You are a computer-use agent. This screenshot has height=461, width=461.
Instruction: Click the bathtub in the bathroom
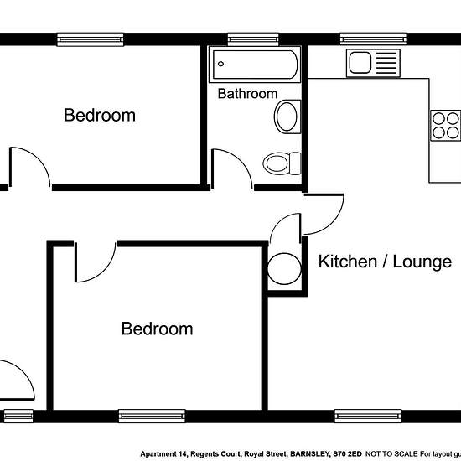tap(255, 65)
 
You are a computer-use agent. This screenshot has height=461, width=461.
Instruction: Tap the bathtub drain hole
tap(220, 64)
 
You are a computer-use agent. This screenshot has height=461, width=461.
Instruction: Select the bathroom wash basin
tap(287, 117)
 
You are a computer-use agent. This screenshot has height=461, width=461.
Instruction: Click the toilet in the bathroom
tap(282, 163)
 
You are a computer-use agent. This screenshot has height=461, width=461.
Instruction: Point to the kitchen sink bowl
tap(360, 63)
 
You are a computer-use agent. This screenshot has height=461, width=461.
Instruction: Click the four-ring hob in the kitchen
tap(445, 126)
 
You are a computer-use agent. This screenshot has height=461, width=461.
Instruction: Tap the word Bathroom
tap(247, 94)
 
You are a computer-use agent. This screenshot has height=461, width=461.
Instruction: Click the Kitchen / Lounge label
tap(385, 262)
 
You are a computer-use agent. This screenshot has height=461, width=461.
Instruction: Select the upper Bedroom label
tap(100, 115)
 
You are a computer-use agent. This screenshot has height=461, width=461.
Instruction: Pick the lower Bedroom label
tap(158, 329)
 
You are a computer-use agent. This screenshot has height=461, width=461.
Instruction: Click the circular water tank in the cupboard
tap(284, 269)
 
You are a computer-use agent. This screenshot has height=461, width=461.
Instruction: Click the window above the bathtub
tap(253, 39)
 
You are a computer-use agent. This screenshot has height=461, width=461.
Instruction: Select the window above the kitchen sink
tap(373, 39)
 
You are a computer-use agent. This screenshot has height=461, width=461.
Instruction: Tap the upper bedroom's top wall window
tap(91, 39)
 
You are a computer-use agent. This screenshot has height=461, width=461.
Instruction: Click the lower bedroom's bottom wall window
tap(152, 417)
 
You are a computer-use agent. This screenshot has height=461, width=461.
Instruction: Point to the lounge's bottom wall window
tap(368, 417)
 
